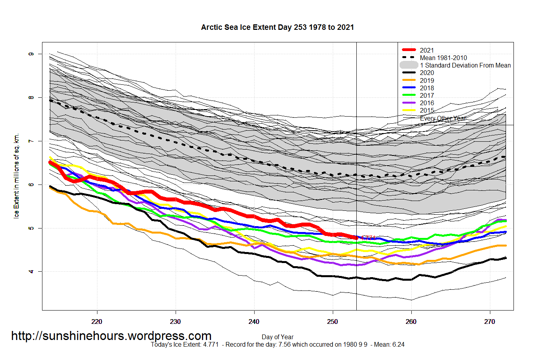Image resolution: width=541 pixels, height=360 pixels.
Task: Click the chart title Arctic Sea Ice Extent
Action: click(277, 27)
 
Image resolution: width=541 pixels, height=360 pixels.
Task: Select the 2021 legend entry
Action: click(427, 50)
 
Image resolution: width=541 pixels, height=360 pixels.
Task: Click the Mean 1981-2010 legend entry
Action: click(443, 58)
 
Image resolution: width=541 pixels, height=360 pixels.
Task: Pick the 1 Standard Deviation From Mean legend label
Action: click(465, 65)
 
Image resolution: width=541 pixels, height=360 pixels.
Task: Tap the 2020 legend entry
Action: click(427, 73)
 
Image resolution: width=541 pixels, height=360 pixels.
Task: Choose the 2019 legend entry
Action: click(427, 80)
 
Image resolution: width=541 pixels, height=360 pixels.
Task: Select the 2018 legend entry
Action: click(427, 88)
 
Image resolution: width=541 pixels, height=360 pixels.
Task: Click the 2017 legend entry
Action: click(427, 95)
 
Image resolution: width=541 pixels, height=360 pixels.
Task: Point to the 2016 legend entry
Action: click(427, 103)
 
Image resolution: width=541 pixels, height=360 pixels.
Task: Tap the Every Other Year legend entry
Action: click(443, 118)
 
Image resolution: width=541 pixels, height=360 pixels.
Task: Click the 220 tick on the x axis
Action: click(97, 322)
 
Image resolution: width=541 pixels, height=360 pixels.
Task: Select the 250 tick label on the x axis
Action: click(332, 322)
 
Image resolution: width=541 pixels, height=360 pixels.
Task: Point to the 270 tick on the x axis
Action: click(490, 322)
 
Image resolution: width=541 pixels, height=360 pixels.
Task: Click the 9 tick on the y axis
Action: click(31, 54)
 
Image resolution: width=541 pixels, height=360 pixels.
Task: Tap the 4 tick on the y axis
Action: click(31, 272)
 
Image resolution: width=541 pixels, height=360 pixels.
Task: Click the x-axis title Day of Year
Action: click(277, 337)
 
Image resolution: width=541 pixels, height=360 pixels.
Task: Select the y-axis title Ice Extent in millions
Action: click(16, 176)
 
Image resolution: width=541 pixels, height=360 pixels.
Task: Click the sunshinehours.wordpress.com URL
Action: click(111, 336)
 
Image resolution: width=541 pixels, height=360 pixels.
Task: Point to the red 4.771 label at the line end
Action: click(368, 238)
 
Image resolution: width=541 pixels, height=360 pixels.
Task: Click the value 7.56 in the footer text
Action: click(284, 345)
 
